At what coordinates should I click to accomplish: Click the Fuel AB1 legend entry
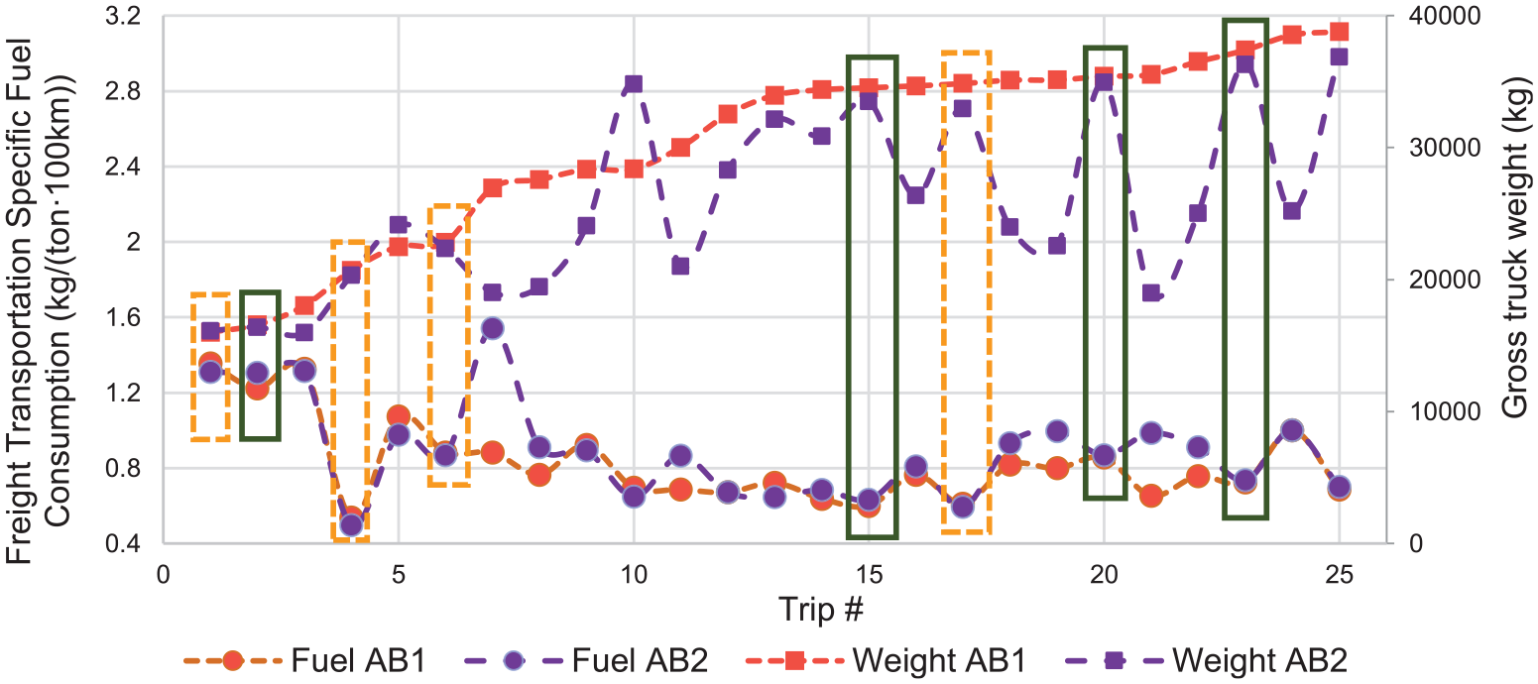point(304,660)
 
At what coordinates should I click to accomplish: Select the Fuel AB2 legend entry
point(586,660)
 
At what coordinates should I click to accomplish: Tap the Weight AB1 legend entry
point(886,660)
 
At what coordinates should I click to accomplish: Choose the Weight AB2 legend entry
point(1207,660)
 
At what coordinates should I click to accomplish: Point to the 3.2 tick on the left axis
point(123,16)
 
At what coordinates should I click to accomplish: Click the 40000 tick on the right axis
point(1445,16)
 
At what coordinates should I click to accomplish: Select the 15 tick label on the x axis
point(869,574)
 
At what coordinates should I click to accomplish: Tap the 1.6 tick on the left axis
point(123,317)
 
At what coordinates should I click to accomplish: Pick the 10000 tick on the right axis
point(1445,411)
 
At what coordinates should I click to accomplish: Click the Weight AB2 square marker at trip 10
point(634,84)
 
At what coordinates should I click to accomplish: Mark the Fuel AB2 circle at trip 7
point(492,328)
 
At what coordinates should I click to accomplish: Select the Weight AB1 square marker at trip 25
point(1339,32)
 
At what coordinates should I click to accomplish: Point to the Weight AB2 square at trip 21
point(1150,293)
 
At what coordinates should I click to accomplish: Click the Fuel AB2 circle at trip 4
point(352,525)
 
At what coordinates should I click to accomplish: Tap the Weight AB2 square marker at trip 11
point(680,266)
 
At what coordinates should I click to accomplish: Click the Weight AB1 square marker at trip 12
point(728,114)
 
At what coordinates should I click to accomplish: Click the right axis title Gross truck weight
point(1517,247)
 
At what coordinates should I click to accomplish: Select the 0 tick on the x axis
point(164,574)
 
